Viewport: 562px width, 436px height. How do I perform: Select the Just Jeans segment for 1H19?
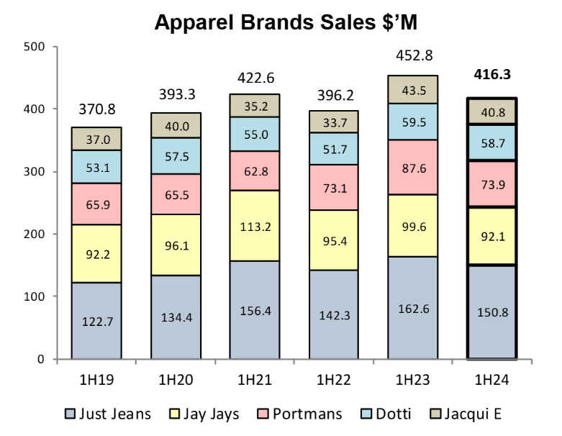point(96,320)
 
